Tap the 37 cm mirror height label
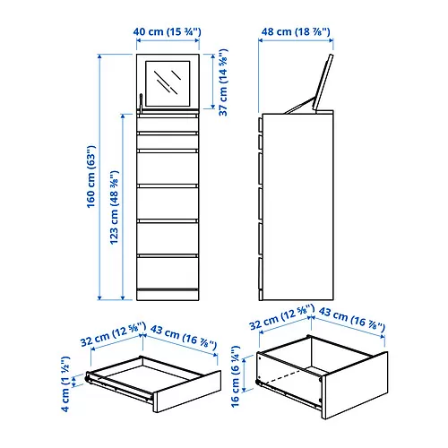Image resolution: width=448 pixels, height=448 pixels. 221,83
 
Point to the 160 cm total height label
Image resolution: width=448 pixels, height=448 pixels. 92,179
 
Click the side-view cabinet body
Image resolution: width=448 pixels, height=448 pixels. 300,206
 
